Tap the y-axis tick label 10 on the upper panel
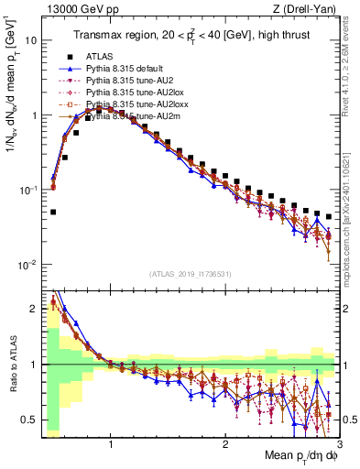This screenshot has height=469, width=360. click(x=30, y=41)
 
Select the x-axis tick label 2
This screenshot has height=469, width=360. click(x=225, y=444)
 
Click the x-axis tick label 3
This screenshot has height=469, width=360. click(x=339, y=444)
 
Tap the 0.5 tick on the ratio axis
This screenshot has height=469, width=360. click(x=27, y=420)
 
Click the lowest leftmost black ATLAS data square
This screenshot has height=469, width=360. click(x=52, y=212)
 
